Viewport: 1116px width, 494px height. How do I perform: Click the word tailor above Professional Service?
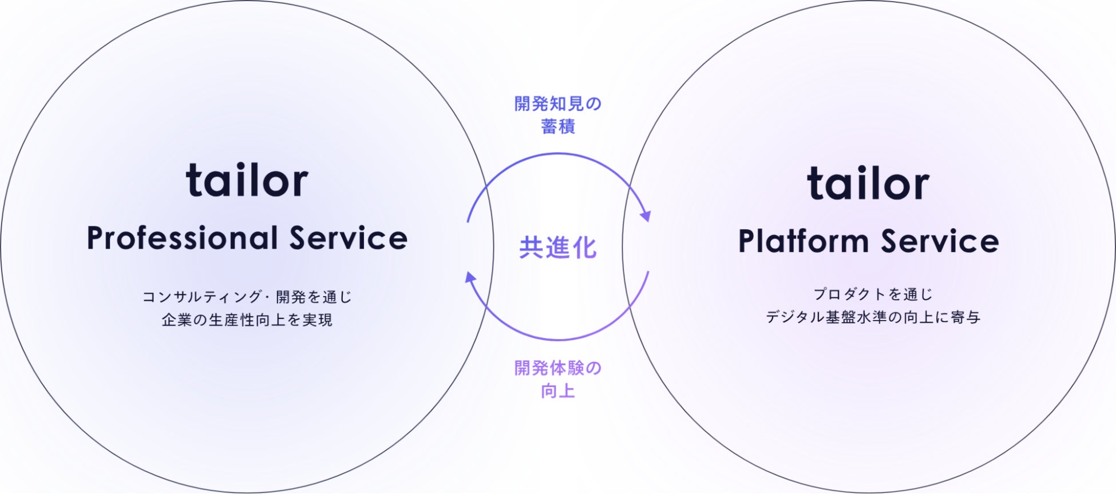(x=247, y=180)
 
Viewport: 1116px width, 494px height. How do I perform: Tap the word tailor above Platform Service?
(x=868, y=184)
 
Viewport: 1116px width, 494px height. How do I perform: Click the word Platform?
(x=803, y=241)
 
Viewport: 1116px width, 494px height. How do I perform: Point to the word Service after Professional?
(x=349, y=238)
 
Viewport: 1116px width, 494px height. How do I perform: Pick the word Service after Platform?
(x=940, y=241)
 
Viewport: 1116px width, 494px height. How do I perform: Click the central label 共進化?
(x=558, y=248)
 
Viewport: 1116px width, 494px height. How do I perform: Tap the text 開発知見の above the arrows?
(x=558, y=104)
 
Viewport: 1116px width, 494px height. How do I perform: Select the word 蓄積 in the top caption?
(x=558, y=126)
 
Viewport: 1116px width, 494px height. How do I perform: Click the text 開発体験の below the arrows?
(x=558, y=368)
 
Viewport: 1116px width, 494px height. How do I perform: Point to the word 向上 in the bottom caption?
(x=558, y=391)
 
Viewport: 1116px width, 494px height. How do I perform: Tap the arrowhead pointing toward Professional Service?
(x=470, y=277)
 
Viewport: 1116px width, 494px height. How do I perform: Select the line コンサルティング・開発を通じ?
(x=247, y=297)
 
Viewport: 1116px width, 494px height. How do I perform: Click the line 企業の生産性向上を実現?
(x=247, y=320)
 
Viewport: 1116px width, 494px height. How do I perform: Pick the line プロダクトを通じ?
(x=873, y=294)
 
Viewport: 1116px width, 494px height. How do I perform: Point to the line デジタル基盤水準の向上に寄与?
(x=873, y=317)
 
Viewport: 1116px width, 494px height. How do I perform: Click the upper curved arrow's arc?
(x=558, y=154)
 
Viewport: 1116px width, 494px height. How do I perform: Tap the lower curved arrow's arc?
(x=558, y=340)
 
